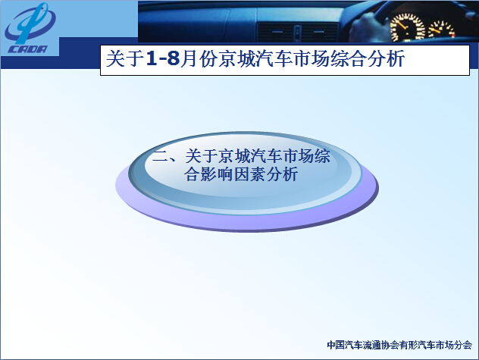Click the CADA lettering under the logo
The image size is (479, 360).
pos(27,49)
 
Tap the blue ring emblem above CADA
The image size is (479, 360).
pos(30,23)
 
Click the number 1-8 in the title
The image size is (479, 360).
pos(163,58)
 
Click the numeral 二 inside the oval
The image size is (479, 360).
pos(159,156)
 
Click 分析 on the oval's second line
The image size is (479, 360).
pos(282,174)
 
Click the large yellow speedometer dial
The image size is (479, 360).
pos(408,27)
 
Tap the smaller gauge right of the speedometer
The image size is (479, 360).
pos(441,30)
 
